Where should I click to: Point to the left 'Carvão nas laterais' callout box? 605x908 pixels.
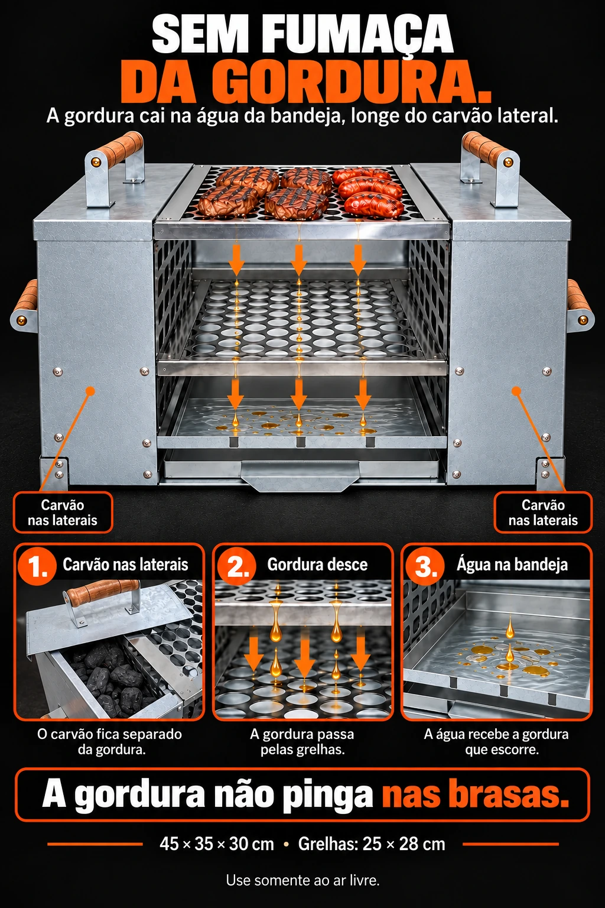tap(63, 513)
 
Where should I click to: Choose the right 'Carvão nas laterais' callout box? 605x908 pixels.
tap(543, 513)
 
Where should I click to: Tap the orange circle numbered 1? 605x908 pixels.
tap(37, 566)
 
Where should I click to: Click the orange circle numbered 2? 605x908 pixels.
tap(237, 566)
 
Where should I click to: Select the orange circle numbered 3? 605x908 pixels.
tap(424, 566)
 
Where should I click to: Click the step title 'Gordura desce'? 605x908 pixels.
tap(317, 565)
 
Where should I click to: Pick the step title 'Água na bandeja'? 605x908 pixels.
tap(512, 565)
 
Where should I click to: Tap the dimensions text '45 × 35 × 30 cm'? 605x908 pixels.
tap(217, 844)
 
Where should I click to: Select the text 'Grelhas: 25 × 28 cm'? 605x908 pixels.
tap(372, 844)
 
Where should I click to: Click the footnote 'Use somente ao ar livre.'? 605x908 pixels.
tap(302, 880)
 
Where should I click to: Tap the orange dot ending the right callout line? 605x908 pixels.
tap(516, 391)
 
